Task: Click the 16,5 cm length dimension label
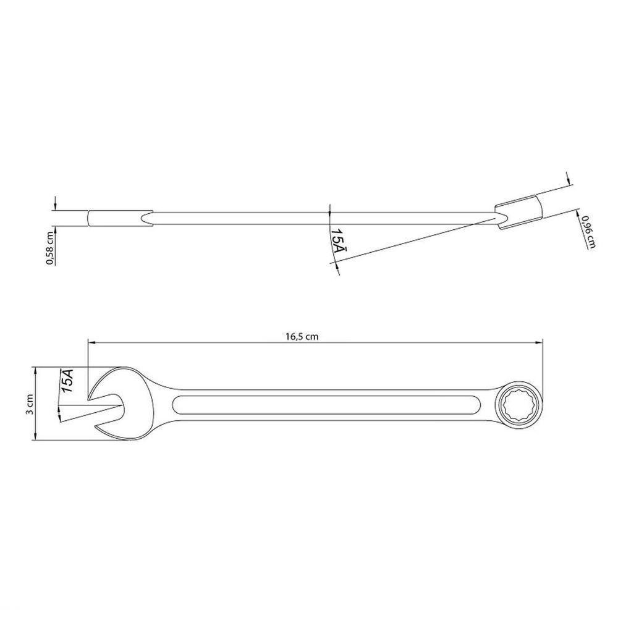(302, 337)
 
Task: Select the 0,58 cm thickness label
(49, 245)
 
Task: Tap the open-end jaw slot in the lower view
(108, 406)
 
